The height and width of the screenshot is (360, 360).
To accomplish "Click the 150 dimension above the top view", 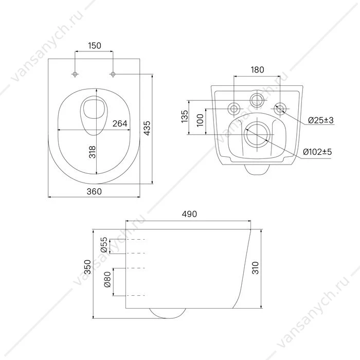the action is (95, 45).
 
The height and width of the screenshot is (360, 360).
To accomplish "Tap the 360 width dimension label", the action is (94, 191).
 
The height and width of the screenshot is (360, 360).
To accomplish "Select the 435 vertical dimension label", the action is (147, 128).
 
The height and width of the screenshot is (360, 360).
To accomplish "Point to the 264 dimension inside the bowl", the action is (120, 123).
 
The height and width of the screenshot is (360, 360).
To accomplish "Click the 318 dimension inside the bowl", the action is (92, 152).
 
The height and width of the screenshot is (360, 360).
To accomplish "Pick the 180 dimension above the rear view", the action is (257, 69).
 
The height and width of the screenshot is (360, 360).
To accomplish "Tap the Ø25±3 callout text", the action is (321, 120).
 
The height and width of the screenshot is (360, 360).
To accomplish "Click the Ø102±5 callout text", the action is (317, 152).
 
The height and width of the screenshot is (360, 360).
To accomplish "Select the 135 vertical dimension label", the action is (185, 116).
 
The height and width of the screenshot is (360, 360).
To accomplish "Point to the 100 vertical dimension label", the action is (200, 120).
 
